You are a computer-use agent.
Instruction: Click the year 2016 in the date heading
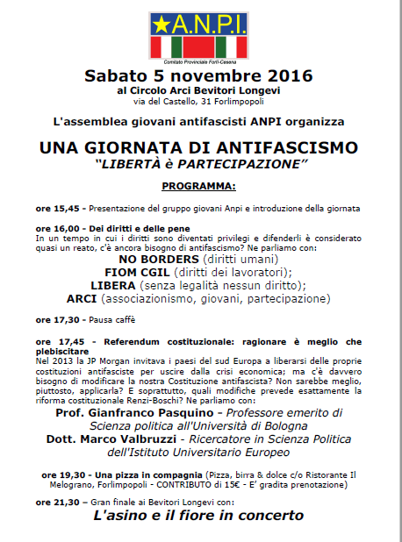pos(287,76)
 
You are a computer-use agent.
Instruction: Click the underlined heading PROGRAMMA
pos(198,186)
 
